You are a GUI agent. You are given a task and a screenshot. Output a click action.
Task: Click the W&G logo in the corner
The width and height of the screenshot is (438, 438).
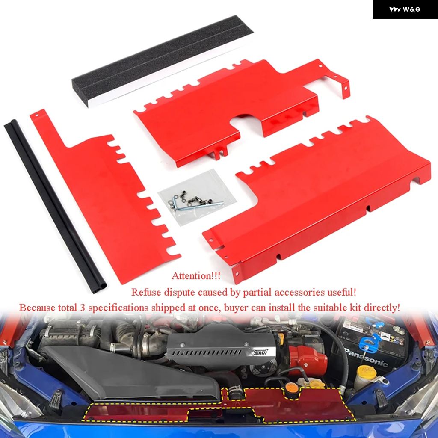click(405, 9)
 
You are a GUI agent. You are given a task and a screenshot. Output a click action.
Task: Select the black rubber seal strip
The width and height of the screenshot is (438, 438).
click(55, 207)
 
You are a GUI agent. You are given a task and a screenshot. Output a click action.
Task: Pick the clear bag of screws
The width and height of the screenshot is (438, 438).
click(197, 197)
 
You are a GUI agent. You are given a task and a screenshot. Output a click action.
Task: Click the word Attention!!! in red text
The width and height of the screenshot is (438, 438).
click(196, 276)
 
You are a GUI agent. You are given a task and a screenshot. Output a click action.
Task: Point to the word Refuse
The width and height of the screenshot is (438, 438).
click(146, 292)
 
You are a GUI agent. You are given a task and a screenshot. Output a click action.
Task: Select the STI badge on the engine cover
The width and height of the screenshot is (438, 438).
click(260, 352)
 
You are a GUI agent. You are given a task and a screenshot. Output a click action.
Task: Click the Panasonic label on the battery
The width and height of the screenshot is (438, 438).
click(367, 358)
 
